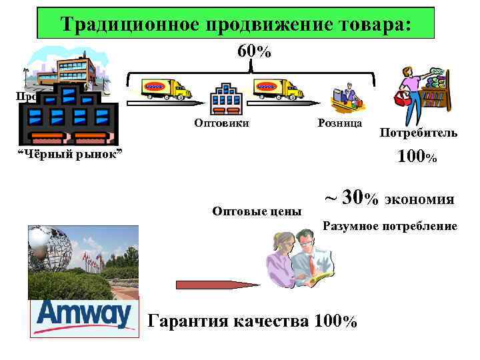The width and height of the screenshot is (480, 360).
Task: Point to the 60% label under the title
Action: point(254,52)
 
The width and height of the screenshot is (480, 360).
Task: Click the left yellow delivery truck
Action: point(166,88)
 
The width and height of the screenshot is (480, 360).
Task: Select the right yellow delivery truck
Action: point(279,88)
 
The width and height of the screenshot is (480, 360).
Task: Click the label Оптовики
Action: point(221,123)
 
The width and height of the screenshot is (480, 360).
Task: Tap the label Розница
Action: point(339,123)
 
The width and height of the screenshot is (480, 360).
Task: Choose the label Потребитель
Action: point(419,133)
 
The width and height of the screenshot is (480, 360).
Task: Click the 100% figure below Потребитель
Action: point(417,157)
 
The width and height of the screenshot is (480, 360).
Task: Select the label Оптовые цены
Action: point(257,211)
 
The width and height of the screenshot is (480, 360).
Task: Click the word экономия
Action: point(419,199)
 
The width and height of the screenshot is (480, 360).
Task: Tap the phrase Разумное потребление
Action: point(390,227)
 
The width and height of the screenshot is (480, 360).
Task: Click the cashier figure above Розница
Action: point(347,97)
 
